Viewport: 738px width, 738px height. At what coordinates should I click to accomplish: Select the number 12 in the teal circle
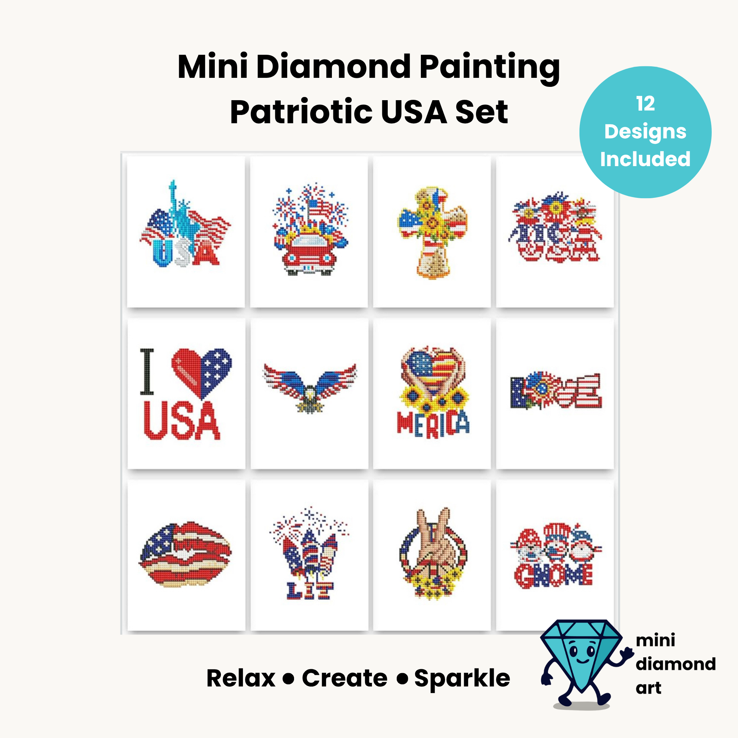645,104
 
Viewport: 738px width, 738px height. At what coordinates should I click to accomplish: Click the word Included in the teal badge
645,159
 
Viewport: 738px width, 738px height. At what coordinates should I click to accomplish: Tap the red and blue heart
201,373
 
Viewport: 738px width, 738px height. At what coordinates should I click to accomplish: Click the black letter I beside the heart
147,371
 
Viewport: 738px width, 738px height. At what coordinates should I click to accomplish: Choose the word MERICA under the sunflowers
433,424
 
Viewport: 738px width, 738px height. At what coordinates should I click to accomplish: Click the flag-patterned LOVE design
556,390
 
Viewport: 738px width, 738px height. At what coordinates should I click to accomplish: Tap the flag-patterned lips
186,554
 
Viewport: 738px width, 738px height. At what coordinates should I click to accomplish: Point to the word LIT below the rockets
310,591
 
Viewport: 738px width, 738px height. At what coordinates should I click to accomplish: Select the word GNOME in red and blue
553,575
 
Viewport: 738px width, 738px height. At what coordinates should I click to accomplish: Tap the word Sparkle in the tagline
462,679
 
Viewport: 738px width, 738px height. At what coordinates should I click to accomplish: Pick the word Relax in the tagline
241,679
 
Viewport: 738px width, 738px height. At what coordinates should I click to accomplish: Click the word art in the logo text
649,688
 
